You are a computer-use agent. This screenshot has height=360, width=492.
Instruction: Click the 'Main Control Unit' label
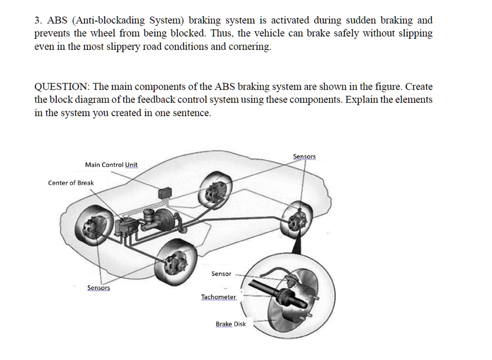point(111,165)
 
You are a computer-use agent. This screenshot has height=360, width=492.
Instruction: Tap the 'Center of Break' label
point(71,183)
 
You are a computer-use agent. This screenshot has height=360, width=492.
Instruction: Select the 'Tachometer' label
point(219,297)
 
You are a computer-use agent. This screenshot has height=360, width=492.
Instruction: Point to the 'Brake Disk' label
point(231,324)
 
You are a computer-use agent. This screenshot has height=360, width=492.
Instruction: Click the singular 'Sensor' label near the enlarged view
point(221,274)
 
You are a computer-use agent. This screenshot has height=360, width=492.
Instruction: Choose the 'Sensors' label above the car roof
point(304,156)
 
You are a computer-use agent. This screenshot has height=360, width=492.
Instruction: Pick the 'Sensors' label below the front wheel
point(98,288)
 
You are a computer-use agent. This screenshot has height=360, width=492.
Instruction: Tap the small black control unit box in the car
point(166,192)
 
